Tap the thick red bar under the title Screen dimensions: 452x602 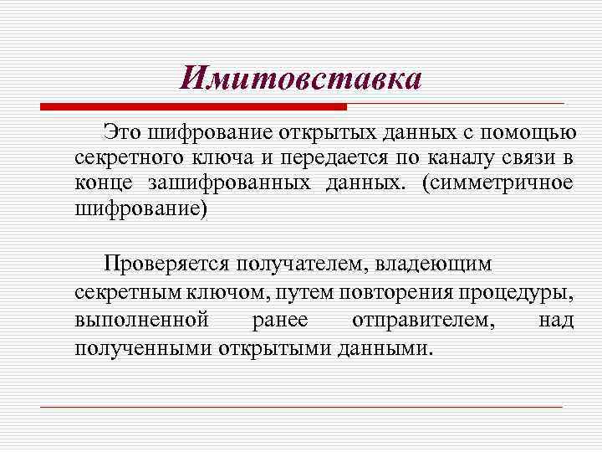[193, 107]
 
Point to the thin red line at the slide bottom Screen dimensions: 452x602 [301, 407]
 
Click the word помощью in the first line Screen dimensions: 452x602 [533, 132]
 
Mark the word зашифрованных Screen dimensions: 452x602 [232, 182]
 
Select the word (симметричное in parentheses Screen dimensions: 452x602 [497, 182]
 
